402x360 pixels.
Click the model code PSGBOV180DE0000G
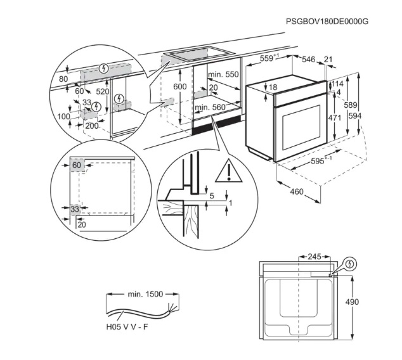[x=327, y=21]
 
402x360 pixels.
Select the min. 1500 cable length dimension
[x=145, y=294]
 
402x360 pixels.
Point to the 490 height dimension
[x=352, y=302]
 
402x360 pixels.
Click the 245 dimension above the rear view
[x=314, y=257]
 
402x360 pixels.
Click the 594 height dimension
[x=373, y=116]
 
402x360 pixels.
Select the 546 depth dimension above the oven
[x=308, y=60]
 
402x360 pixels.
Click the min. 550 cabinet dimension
[x=223, y=75]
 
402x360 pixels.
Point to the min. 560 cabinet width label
[x=211, y=108]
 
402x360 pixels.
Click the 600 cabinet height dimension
[x=180, y=86]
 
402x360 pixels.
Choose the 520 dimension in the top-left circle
[x=102, y=92]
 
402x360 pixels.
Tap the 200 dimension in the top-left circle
[x=92, y=126]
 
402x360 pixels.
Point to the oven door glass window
[x=300, y=127]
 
